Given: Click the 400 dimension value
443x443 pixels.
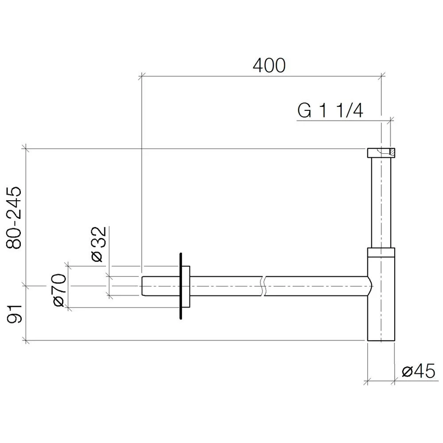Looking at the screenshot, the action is (x=269, y=66).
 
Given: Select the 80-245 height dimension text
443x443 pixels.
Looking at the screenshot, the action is (x=14, y=218).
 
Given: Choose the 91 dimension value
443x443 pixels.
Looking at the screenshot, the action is (x=15, y=314).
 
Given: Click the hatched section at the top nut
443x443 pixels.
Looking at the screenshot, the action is (x=392, y=152).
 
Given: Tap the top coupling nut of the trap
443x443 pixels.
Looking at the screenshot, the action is (x=381, y=153).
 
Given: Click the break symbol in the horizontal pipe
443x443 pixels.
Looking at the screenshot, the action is (x=263, y=286).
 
